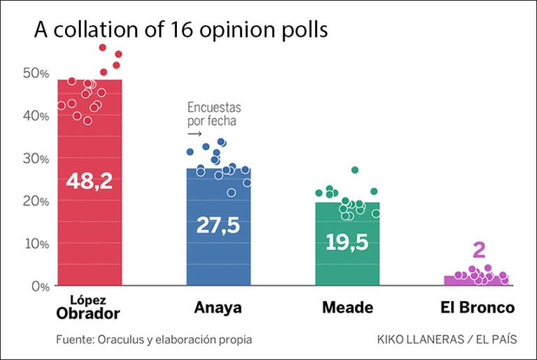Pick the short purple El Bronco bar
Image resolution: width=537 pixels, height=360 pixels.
click(476, 280)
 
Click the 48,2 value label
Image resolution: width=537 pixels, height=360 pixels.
click(89, 181)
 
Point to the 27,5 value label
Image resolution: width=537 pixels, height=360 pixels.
click(218, 226)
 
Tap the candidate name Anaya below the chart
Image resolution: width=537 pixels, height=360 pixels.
click(218, 308)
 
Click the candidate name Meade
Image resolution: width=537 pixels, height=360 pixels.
click(348, 308)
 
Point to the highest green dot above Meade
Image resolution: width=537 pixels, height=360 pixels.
click(355, 170)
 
